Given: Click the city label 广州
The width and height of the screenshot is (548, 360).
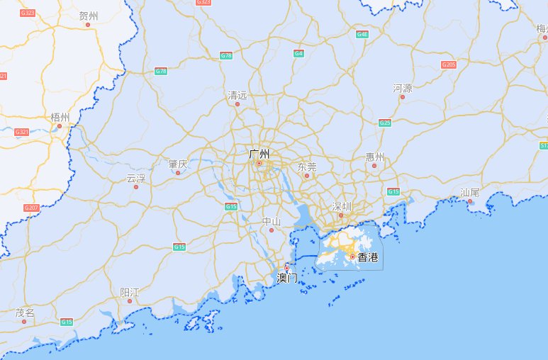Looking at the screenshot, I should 259,153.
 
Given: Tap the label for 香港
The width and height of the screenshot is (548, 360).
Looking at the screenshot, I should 367,257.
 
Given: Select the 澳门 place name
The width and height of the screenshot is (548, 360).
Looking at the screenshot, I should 287,278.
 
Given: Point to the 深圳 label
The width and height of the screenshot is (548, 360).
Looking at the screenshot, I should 342,206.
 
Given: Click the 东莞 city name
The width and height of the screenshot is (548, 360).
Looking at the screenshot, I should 307,167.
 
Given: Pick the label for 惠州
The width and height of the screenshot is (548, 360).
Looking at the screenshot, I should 374,157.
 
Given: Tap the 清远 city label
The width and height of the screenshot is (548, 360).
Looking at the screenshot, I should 237,95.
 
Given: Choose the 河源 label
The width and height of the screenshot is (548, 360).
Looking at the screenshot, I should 402,88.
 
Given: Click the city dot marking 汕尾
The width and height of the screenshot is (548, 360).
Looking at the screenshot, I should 470,201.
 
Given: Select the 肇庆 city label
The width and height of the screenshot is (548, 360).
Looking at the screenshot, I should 178,164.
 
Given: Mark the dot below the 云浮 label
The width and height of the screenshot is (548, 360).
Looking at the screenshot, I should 136,187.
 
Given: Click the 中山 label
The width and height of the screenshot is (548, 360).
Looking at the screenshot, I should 272,221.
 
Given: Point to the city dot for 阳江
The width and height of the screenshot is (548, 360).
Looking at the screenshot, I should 130,301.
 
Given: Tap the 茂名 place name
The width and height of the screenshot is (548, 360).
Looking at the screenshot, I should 25,312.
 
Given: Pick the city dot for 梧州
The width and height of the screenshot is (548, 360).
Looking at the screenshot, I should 60,126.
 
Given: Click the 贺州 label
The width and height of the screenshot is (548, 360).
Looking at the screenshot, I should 89,16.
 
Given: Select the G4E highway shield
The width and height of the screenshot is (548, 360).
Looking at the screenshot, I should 362,34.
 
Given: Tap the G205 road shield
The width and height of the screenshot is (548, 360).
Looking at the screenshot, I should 449,64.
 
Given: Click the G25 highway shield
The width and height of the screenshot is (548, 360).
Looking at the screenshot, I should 386,123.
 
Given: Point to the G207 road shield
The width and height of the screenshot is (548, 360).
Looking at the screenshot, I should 31,208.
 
